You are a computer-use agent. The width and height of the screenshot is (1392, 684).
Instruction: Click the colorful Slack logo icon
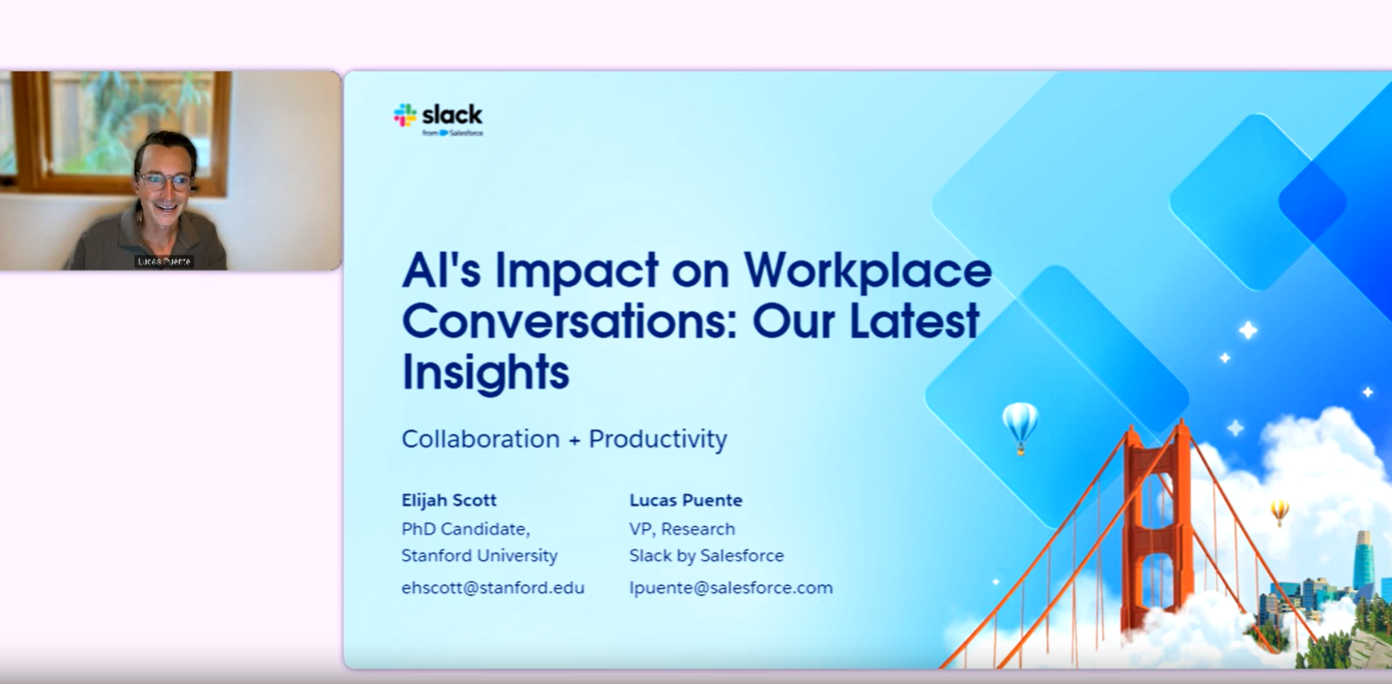[x=404, y=116]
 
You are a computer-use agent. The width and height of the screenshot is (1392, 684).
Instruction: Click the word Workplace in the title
[x=867, y=270]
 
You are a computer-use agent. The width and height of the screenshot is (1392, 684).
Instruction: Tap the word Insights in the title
[x=485, y=372]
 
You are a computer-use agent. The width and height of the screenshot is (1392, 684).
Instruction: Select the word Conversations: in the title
[x=569, y=321]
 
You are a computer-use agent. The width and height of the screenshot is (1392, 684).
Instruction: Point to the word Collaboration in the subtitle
[x=481, y=438]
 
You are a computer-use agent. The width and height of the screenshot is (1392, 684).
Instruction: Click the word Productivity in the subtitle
[x=657, y=439]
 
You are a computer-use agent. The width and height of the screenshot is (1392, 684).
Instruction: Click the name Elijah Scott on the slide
[x=448, y=500]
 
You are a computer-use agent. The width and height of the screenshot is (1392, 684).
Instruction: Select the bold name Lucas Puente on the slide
[x=685, y=500]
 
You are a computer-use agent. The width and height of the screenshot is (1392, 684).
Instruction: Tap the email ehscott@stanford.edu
[x=492, y=588]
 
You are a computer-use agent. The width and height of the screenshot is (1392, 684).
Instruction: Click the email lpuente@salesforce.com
[x=731, y=588]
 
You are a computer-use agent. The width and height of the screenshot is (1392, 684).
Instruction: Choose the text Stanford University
[x=479, y=556]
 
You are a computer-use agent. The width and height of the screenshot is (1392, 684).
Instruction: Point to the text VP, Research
[x=681, y=529]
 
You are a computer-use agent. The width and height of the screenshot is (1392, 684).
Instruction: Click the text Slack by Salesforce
[x=706, y=556]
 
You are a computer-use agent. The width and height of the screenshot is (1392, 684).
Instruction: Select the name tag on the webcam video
[x=164, y=261]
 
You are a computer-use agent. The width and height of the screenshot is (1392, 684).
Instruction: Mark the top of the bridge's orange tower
[x=1156, y=425]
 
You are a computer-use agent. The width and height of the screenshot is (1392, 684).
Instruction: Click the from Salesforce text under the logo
[x=452, y=133]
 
